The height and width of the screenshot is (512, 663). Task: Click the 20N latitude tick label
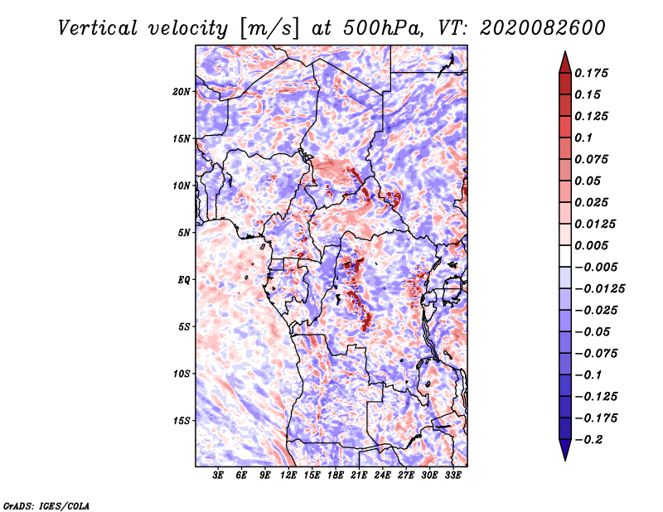(x=181, y=92)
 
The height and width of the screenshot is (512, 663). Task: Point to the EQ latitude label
(x=183, y=280)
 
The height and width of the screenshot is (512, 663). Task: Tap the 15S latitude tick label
(x=181, y=421)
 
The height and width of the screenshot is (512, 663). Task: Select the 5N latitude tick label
(x=184, y=233)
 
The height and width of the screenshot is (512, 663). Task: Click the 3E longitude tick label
(x=218, y=476)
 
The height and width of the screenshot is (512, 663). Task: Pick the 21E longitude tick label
(x=359, y=476)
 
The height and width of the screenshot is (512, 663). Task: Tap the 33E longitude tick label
(x=452, y=476)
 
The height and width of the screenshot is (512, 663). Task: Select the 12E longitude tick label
(x=288, y=476)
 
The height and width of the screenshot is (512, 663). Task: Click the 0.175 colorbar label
(x=591, y=73)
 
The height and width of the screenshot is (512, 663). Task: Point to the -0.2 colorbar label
(x=588, y=440)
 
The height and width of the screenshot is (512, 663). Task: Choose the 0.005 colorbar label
(x=591, y=245)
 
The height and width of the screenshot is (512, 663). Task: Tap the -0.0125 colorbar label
(x=599, y=289)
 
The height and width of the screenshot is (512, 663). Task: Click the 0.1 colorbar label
(x=583, y=138)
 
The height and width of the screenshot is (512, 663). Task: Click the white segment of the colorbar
(x=565, y=256)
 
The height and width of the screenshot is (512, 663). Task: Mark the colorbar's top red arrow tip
(x=565, y=51)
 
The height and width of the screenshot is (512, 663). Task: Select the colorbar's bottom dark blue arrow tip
(x=565, y=461)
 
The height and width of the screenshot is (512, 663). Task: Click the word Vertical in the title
(x=98, y=28)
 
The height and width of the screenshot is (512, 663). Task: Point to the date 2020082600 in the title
(x=543, y=28)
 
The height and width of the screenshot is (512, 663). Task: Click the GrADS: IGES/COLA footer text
(x=46, y=506)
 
